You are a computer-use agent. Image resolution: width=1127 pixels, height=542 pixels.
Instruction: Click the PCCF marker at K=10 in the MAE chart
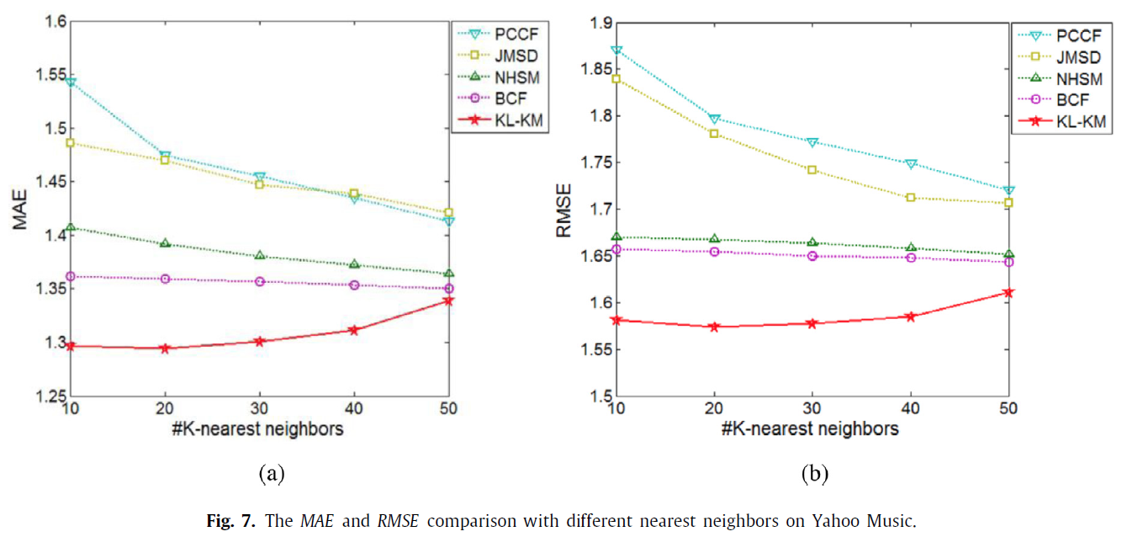click(71, 82)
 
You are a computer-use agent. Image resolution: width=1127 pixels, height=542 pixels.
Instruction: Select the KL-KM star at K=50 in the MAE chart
click(448, 300)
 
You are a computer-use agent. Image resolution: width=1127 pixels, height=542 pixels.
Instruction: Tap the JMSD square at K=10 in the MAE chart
click(71, 143)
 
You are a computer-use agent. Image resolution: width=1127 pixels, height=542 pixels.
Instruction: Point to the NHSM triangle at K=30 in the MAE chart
click(260, 255)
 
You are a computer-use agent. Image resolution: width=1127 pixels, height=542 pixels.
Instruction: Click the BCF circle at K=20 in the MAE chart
click(166, 279)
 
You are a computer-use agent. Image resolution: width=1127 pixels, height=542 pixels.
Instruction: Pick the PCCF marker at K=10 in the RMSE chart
click(616, 50)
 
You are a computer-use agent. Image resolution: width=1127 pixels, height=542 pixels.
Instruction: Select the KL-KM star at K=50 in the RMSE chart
click(1008, 293)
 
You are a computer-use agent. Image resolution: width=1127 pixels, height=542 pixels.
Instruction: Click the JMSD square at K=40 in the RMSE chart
click(911, 198)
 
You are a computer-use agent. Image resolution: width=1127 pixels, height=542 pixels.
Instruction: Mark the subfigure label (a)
click(271, 474)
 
